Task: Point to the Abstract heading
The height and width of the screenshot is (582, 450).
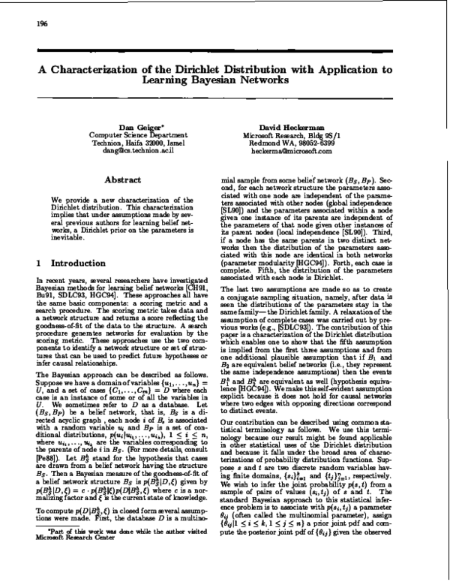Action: click(124, 181)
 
